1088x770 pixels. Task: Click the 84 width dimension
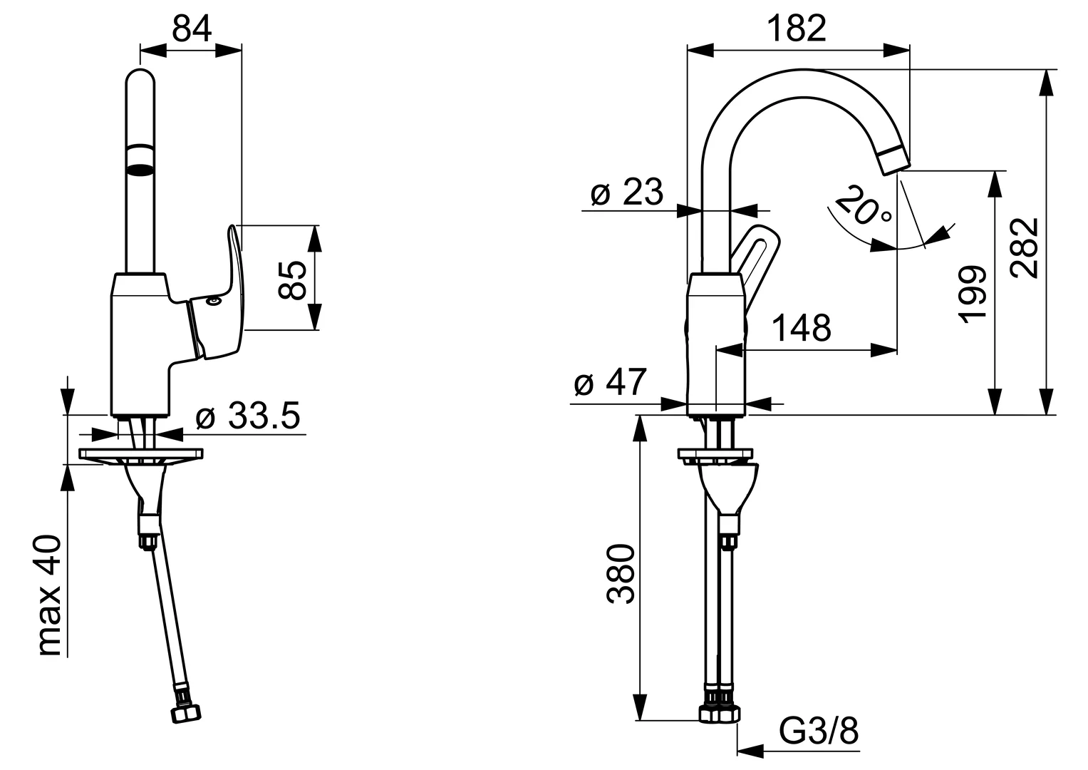click(x=192, y=30)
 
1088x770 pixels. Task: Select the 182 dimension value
click(x=797, y=29)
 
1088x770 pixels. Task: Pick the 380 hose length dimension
click(x=621, y=574)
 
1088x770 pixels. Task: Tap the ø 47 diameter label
click(x=610, y=382)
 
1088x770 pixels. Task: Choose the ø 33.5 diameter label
click(x=248, y=416)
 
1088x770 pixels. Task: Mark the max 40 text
click(x=49, y=596)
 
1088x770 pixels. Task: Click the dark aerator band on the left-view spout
click(x=140, y=169)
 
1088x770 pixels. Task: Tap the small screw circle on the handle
click(x=212, y=302)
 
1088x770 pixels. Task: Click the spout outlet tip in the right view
click(x=894, y=162)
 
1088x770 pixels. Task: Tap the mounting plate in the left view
click(x=141, y=455)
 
